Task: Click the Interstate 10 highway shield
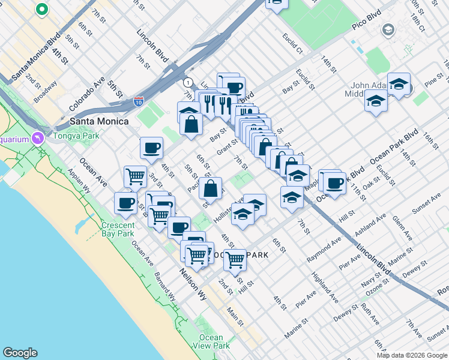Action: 139,102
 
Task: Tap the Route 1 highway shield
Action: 188,82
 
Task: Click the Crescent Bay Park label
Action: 118,229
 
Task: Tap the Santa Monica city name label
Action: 99,121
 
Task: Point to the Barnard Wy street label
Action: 164,289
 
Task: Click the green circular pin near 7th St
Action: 41,10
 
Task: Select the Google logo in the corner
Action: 20,353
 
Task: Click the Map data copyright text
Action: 412,355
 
